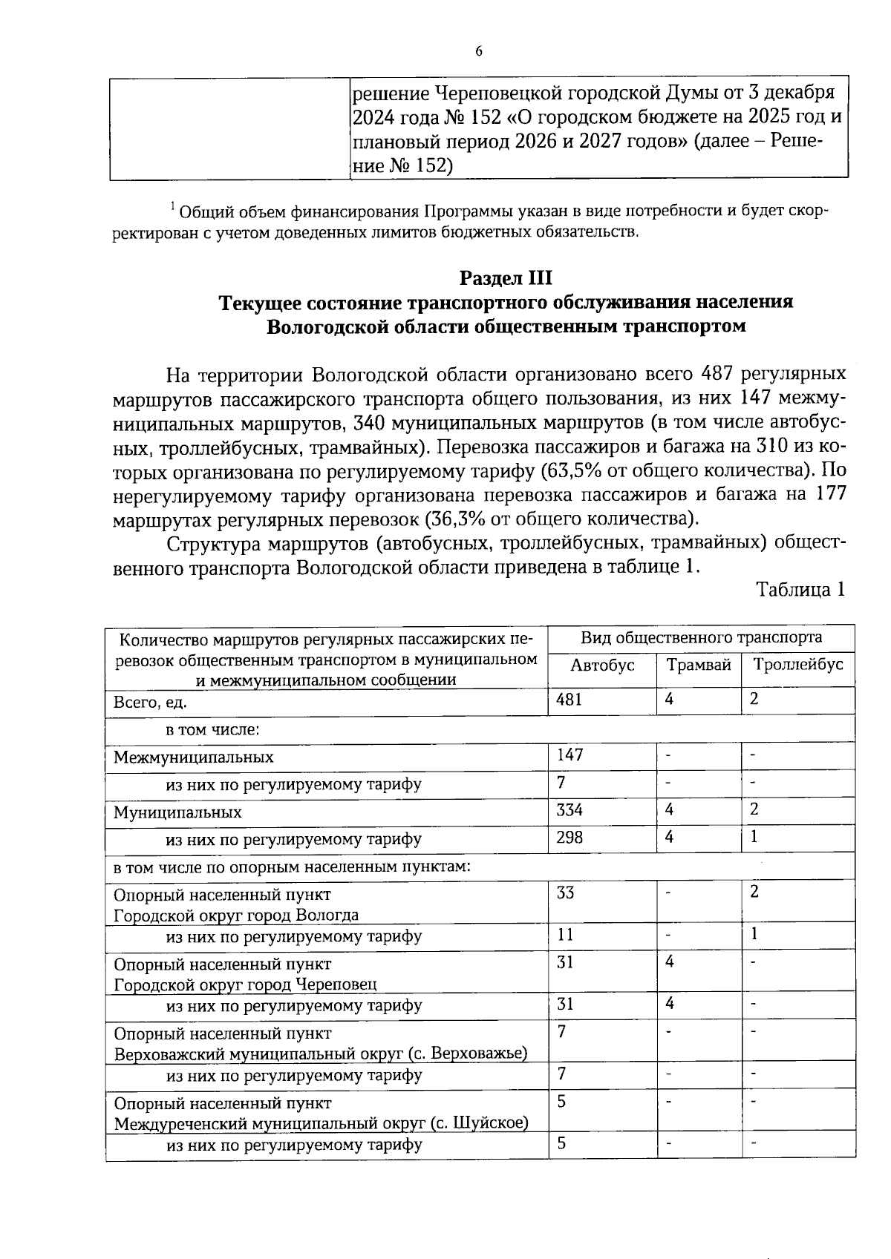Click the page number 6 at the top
coord(478,50)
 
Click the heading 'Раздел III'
coord(506,278)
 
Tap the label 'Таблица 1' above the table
coord(800,590)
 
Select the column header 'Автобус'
coord(602,665)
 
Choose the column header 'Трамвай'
coord(699,665)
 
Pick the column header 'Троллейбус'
coord(798,665)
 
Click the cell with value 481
coord(569,700)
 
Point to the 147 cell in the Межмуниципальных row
coord(569,755)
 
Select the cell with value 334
coord(569,810)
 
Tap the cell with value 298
coord(569,838)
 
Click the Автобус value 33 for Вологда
coord(566,893)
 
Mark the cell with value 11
coord(565,934)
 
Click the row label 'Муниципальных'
coord(177,812)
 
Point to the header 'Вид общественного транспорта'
coord(701,637)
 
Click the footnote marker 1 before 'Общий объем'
coord(173,206)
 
